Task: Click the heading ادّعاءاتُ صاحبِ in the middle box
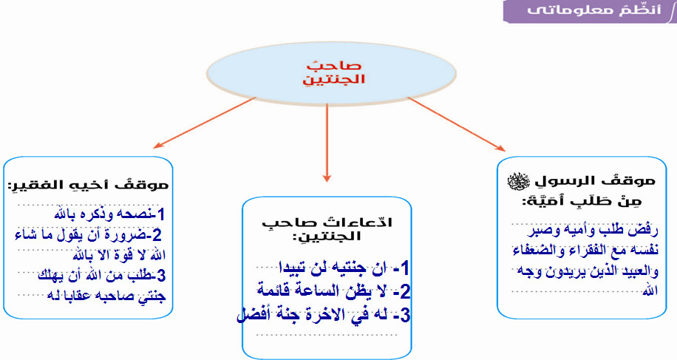point(327,223)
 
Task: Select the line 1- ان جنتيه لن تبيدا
point(341,266)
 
